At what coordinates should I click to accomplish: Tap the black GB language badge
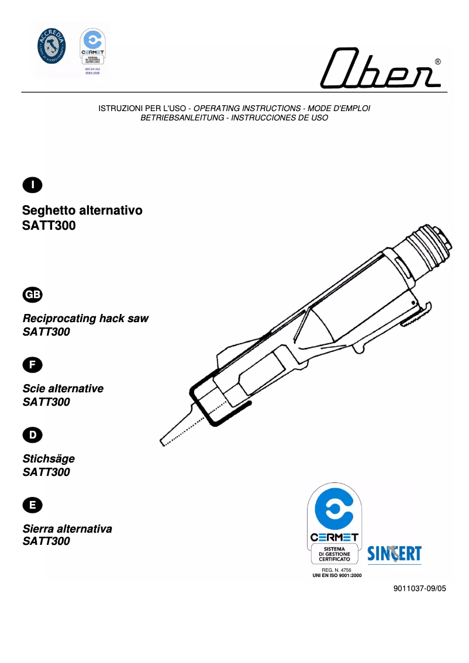[x=32, y=295]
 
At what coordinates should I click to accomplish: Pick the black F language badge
[x=32, y=365]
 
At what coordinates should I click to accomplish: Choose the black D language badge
[x=32, y=434]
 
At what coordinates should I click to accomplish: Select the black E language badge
[x=32, y=505]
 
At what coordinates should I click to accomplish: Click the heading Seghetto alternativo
[x=82, y=210]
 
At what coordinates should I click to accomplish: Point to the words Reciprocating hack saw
[x=85, y=319]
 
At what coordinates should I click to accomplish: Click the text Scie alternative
[x=63, y=389]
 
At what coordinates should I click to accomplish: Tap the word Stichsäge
[x=49, y=459]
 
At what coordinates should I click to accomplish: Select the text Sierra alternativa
[x=67, y=529]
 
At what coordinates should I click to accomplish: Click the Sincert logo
[x=394, y=553]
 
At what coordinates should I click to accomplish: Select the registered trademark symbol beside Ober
[x=437, y=62]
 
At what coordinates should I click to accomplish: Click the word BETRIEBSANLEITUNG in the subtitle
[x=182, y=118]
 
